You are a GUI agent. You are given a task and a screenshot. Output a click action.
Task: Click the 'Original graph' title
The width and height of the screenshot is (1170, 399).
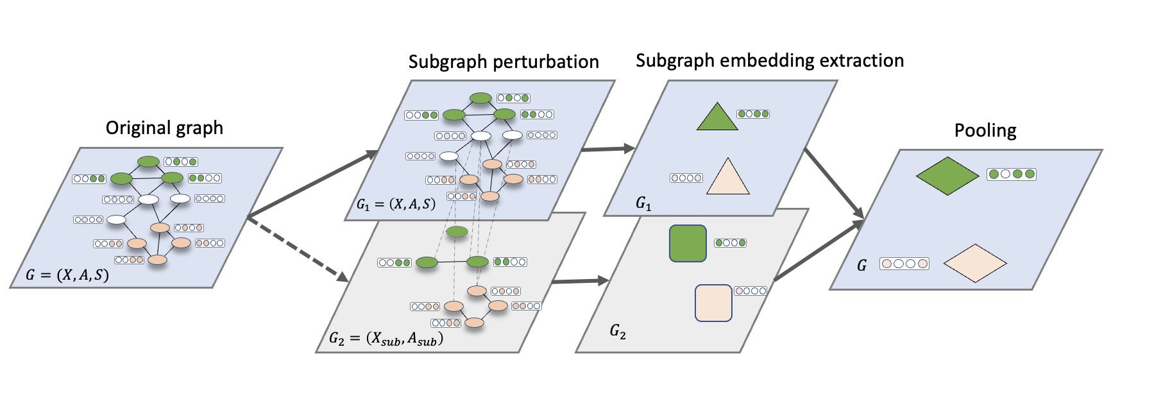pyautogui.click(x=164, y=128)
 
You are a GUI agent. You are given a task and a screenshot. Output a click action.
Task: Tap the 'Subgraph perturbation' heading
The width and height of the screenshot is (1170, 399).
pyautogui.click(x=504, y=62)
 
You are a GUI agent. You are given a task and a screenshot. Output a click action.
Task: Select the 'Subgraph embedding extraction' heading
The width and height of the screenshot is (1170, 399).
pyautogui.click(x=770, y=60)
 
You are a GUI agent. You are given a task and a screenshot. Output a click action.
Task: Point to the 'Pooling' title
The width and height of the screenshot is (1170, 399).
pyautogui.click(x=985, y=130)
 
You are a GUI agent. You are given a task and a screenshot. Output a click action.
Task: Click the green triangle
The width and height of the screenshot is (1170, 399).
pyautogui.click(x=717, y=119)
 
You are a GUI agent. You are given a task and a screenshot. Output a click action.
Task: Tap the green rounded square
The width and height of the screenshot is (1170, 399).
pyautogui.click(x=688, y=243)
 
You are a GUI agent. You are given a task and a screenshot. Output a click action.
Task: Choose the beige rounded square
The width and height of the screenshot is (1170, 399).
pyautogui.click(x=713, y=303)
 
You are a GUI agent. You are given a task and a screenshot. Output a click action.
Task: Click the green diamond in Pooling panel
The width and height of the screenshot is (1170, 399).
pyautogui.click(x=947, y=176)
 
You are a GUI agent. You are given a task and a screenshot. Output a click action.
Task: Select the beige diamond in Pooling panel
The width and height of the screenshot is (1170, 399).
pyautogui.click(x=975, y=263)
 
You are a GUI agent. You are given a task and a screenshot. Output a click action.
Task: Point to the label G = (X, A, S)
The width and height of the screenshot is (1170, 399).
pyautogui.click(x=67, y=275)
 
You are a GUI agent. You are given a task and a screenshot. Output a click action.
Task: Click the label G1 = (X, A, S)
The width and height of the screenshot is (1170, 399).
pyautogui.click(x=396, y=204)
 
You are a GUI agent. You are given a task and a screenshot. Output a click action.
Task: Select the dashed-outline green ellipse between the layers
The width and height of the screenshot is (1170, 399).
pyautogui.click(x=457, y=231)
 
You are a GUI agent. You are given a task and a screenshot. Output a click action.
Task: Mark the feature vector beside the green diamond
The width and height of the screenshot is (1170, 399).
pyautogui.click(x=1012, y=174)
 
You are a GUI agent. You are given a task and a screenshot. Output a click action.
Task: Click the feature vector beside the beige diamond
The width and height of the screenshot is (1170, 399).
pyautogui.click(x=904, y=263)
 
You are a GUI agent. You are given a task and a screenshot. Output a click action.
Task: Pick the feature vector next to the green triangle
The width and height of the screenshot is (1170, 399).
pyautogui.click(x=753, y=114)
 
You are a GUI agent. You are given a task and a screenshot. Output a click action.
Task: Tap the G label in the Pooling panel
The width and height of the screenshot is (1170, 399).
pyautogui.click(x=861, y=266)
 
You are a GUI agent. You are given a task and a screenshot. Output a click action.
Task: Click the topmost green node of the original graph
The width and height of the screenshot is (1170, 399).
pyautogui.click(x=149, y=162)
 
